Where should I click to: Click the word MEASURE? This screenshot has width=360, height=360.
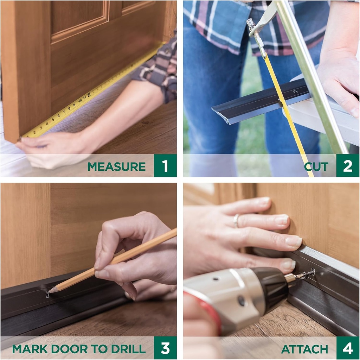pos(116,166)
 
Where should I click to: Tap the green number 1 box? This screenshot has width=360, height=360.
pos(165,166)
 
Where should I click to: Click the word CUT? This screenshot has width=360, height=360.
pos(316,166)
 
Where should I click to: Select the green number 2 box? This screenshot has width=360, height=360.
pos(347,166)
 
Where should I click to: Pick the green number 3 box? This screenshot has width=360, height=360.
pos(165,348)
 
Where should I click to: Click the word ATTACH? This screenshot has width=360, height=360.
pos(304,349)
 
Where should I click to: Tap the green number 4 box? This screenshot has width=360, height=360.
pos(347,348)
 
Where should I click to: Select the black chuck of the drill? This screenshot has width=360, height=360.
pos(271,289)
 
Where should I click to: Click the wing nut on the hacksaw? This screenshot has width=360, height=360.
pos(250,23)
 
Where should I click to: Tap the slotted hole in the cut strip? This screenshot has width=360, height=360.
pos(295,92)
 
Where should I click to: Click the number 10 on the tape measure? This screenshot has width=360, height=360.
pos(80,100)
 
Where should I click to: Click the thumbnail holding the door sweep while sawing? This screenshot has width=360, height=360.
pos(354,112)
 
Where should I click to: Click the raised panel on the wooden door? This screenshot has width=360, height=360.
pos(79,18)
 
